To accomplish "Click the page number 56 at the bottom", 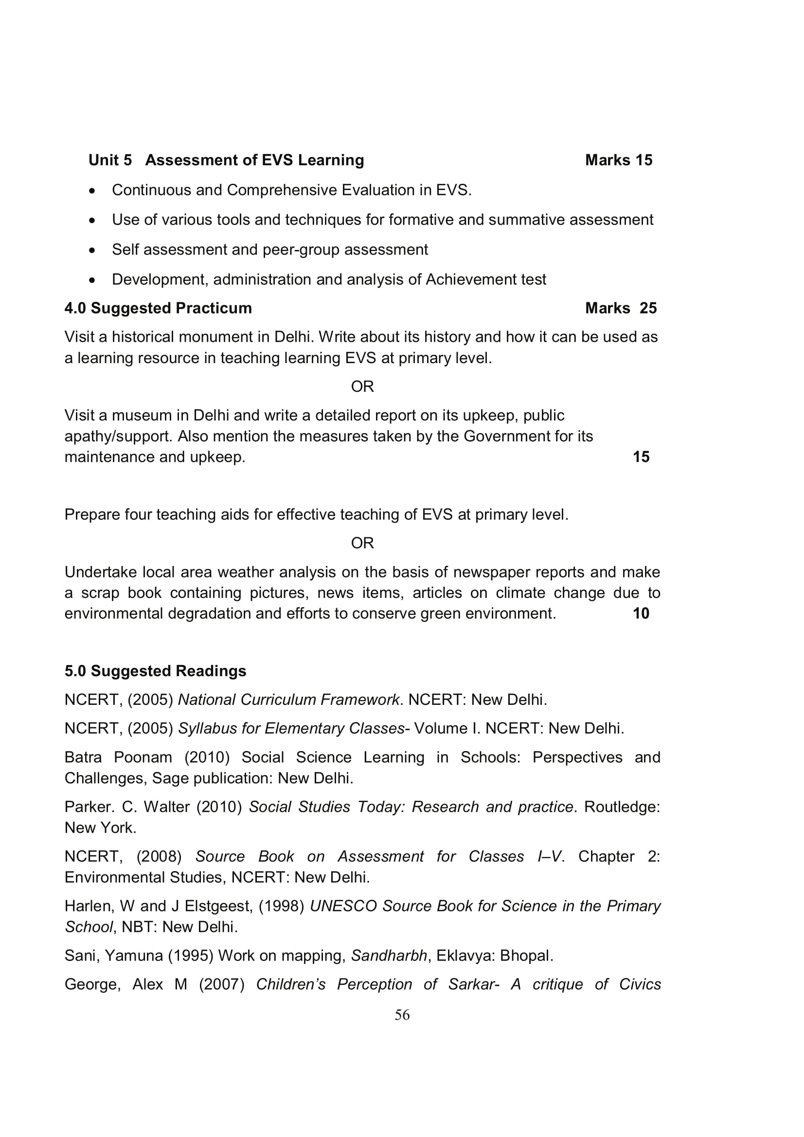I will [402, 1015].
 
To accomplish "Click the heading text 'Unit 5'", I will [110, 160].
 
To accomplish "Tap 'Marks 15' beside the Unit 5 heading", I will [618, 160].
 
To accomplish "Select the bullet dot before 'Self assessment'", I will [92, 250].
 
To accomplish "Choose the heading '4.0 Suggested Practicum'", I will [158, 308].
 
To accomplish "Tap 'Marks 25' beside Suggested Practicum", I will [620, 308].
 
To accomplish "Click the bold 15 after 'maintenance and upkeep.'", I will [641, 456].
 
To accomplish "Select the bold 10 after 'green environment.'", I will [641, 613].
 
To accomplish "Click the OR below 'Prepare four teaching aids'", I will [362, 543].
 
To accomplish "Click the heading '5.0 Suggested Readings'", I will [155, 670].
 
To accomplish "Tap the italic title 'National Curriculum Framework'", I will [288, 699].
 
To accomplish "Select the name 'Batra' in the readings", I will [83, 757].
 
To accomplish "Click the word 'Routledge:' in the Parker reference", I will [622, 807].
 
